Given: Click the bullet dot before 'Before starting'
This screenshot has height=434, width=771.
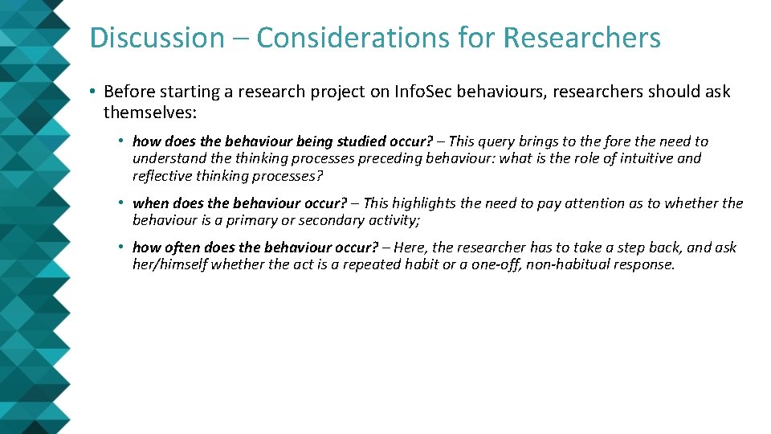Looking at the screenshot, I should tap(94, 92).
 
